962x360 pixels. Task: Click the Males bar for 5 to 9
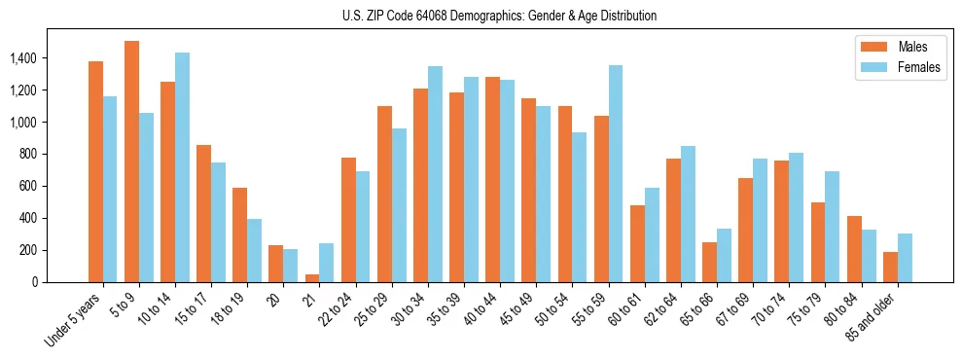point(131,162)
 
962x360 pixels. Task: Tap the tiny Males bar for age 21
point(312,278)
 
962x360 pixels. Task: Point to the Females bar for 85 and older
point(905,258)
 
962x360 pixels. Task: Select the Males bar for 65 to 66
point(709,262)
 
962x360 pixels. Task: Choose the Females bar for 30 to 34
point(435,174)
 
